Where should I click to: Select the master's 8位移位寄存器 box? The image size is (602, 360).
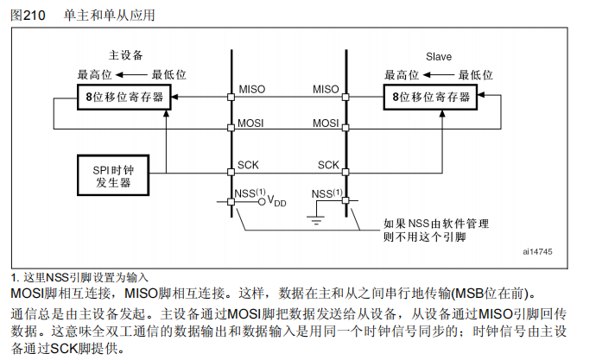124,98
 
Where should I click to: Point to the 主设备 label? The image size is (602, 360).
125,54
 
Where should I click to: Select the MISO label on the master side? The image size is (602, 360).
251,89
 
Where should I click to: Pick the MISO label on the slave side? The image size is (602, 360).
326,89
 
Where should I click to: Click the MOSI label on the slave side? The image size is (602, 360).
326,123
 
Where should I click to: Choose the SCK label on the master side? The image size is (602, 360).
248,164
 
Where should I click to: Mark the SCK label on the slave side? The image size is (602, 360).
328,164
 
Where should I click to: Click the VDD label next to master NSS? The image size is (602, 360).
276,202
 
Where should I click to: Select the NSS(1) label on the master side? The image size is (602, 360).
250,193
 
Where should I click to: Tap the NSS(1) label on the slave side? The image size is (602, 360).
326,193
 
